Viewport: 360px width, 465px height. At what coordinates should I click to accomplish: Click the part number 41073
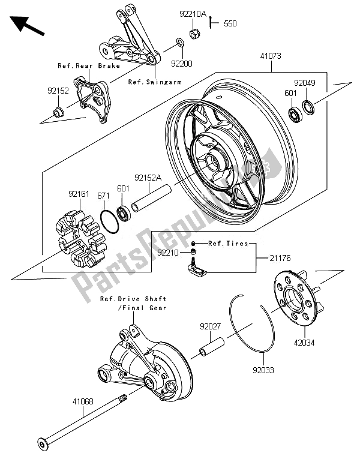tap(270, 55)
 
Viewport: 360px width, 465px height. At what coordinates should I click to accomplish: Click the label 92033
tap(263, 371)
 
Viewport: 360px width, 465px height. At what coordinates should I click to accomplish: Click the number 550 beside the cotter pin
tap(230, 24)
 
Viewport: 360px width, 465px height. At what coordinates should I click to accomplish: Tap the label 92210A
tap(192, 12)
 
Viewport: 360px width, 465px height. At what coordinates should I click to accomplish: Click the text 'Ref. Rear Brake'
tap(89, 65)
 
